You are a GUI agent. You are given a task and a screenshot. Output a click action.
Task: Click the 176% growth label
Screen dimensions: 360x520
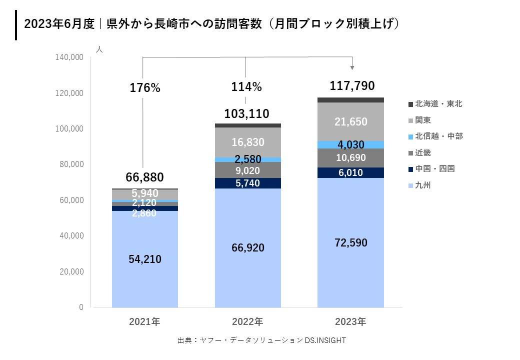145,88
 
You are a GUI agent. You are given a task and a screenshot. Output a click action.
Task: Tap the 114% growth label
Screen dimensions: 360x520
246,87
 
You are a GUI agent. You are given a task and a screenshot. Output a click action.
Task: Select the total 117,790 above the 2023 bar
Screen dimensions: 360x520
352,86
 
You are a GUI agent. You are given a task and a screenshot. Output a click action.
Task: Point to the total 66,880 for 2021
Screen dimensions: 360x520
144,177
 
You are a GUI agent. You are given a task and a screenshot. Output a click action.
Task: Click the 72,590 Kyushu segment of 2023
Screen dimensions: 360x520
350,243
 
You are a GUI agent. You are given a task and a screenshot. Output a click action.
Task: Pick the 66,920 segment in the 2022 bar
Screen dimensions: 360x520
248,248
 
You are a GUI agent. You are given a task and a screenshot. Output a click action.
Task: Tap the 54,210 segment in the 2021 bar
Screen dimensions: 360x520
145,259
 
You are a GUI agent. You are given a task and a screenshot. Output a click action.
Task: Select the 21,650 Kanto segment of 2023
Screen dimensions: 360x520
350,121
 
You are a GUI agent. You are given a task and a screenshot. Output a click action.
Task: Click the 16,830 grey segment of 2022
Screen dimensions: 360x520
248,142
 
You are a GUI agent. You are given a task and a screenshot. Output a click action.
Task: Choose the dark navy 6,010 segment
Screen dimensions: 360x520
350,172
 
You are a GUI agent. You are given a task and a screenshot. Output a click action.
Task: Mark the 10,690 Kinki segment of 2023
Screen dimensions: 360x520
350,158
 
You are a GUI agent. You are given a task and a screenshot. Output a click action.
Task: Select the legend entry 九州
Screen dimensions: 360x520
422,185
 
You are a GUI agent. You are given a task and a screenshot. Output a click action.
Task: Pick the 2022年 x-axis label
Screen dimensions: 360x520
247,322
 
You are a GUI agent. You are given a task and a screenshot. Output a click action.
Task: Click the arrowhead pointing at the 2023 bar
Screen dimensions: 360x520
352,67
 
